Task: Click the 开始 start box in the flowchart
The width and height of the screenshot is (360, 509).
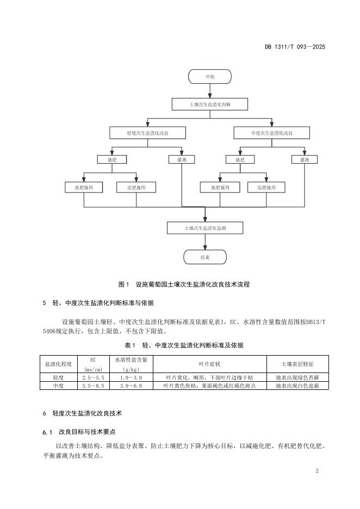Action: click(x=209, y=77)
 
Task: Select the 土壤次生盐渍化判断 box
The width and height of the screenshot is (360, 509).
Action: click(x=209, y=104)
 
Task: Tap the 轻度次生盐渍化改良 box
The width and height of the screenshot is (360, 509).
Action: click(x=147, y=133)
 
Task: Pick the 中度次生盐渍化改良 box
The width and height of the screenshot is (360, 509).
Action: click(x=272, y=133)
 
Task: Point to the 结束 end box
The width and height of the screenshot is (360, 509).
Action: click(x=205, y=257)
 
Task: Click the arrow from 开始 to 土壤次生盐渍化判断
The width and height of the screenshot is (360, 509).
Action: click(x=209, y=91)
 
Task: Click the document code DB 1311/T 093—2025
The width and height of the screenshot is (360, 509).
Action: click(x=295, y=47)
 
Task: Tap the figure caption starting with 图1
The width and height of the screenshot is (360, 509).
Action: click(x=184, y=284)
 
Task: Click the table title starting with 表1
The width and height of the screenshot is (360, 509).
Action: click(x=184, y=345)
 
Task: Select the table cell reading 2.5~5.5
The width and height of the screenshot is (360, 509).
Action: click(x=93, y=377)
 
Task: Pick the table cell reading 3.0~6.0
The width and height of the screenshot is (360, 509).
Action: click(x=131, y=386)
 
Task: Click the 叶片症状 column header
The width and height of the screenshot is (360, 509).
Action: click(x=209, y=364)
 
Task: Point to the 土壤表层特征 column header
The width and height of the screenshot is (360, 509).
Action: click(x=297, y=364)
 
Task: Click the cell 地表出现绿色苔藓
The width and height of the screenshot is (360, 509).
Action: click(x=297, y=377)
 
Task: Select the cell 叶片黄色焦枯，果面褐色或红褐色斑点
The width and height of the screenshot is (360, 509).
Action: click(x=209, y=386)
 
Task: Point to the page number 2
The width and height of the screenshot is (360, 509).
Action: click(x=316, y=470)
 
